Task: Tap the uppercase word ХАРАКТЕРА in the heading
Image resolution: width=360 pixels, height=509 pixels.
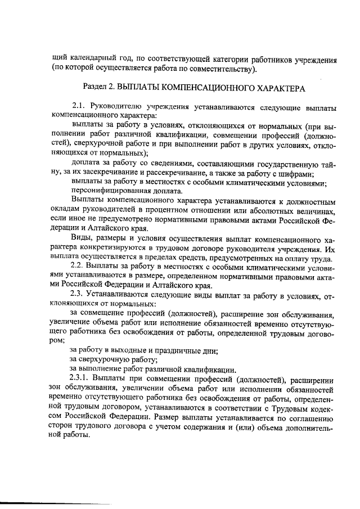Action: coord(280,89)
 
